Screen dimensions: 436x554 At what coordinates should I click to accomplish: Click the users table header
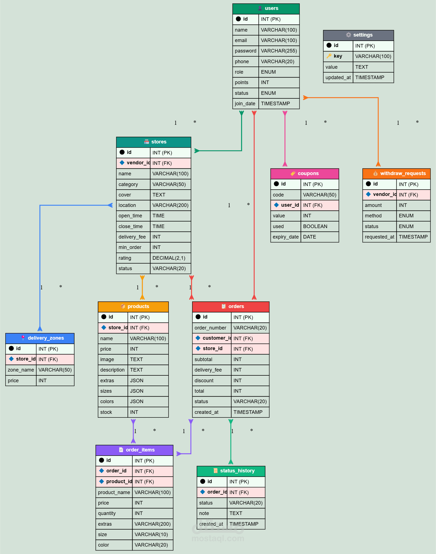coord(266,9)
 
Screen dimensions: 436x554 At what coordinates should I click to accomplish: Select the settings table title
coord(363,35)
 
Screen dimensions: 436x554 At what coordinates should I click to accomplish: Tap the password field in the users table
coord(245,51)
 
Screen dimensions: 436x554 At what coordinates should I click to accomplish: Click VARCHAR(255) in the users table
coord(279,51)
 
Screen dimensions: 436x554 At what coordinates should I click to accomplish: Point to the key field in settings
coord(338,56)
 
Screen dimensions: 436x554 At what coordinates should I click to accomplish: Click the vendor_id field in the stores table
coord(138,163)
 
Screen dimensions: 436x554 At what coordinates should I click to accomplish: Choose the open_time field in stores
coord(130,216)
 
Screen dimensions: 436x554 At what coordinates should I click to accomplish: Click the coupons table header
coord(305,174)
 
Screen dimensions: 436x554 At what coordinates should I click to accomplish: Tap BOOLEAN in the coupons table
coord(315,226)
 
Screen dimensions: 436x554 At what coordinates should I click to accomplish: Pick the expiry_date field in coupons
coord(286,237)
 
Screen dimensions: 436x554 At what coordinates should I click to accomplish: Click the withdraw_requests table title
coord(403,173)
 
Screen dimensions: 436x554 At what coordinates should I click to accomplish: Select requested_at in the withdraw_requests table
coord(380,237)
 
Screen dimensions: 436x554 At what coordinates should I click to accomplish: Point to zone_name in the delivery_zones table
coord(21,370)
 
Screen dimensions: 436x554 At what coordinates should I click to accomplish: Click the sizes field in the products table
coord(106,391)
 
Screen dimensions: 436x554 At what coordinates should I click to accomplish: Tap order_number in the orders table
coord(210,328)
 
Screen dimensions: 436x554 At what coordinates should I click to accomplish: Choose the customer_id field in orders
coord(217,338)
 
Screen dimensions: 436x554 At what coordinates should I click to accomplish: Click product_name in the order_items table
coord(114,492)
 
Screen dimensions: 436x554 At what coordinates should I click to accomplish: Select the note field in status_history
coord(204,513)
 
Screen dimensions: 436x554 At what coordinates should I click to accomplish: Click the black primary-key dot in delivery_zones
coord(11,348)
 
